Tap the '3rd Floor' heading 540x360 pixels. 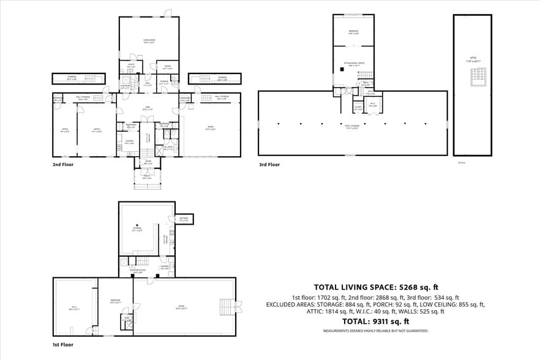269,164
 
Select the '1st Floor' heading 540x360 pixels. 62,345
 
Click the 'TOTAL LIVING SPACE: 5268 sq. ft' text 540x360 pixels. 376,287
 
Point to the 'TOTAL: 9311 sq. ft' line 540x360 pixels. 376,321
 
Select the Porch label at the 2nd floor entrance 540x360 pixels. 147,178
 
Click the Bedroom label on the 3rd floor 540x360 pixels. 353,32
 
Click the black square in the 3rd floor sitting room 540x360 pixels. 343,69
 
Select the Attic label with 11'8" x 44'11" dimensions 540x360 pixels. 472,59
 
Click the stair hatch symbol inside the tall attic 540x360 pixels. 477,77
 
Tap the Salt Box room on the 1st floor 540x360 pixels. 183,219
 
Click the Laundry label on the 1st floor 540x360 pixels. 165,268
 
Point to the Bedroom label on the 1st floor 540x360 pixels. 114,301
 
